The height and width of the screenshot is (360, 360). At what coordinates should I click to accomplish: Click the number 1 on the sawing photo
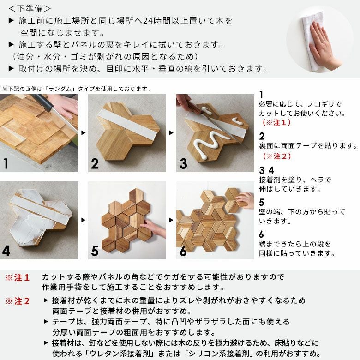6,164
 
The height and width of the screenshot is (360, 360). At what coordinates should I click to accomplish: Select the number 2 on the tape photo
95,164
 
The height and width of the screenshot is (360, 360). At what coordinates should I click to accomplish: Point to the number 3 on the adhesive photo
183,164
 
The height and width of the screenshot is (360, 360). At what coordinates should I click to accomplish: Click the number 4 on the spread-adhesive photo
6,251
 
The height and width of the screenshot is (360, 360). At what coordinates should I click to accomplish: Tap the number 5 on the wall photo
95,251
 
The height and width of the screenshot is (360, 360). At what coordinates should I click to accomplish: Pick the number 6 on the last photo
183,251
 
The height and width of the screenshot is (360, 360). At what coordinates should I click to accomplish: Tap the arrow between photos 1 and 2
83,133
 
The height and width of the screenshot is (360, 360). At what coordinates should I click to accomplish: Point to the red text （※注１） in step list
277,123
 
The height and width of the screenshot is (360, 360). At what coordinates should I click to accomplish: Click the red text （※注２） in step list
277,156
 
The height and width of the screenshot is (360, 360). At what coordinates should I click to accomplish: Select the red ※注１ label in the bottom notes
18,278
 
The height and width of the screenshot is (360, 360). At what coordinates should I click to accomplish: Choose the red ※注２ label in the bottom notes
18,301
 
